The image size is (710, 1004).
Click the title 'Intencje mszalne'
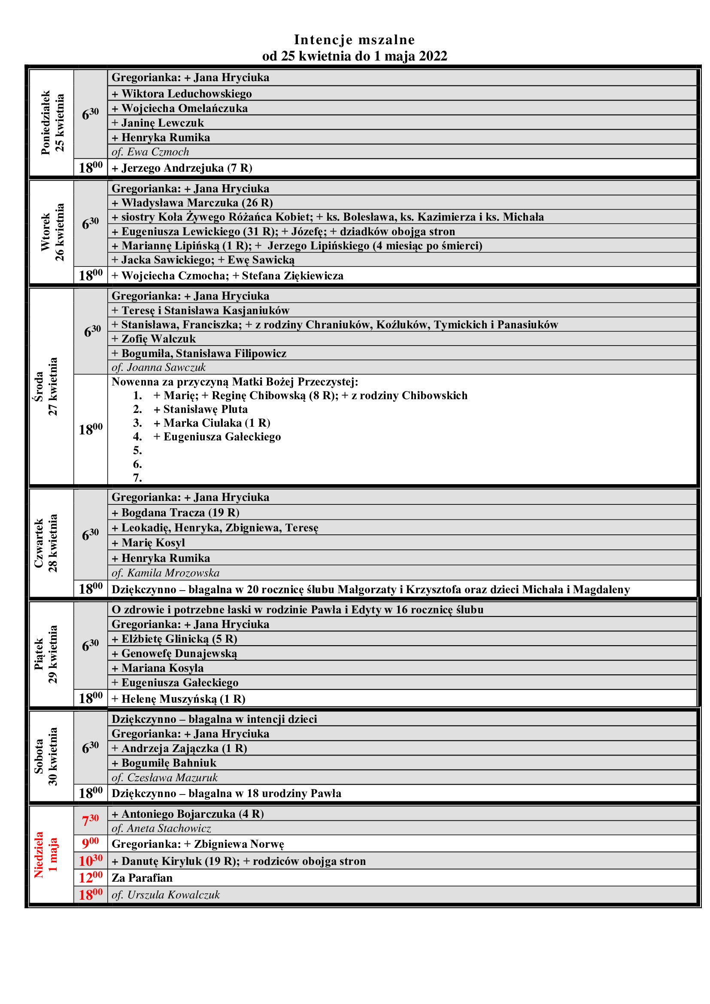(x=354, y=40)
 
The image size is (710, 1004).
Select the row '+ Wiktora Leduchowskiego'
(x=182, y=94)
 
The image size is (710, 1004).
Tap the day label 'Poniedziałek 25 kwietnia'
(x=52, y=123)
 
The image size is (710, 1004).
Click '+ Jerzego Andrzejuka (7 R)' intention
(x=182, y=168)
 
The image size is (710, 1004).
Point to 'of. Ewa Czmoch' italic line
(x=150, y=152)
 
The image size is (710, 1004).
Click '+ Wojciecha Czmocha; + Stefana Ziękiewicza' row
(x=228, y=276)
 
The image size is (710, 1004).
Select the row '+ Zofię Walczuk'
(x=154, y=339)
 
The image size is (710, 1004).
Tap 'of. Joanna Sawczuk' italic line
(x=159, y=367)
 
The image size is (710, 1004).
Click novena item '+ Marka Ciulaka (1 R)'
(x=212, y=423)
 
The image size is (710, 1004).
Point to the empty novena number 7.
(x=138, y=477)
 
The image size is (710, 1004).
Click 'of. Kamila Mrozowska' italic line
(x=166, y=573)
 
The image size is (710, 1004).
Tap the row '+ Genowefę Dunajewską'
(x=174, y=653)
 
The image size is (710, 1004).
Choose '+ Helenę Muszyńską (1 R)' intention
(x=179, y=699)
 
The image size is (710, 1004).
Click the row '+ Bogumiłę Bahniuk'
(x=164, y=763)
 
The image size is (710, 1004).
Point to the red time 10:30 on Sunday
(x=91, y=861)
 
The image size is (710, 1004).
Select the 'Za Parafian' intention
(x=142, y=878)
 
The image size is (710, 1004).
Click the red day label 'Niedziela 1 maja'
(x=46, y=855)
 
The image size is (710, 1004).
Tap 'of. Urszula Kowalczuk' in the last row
(x=166, y=895)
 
